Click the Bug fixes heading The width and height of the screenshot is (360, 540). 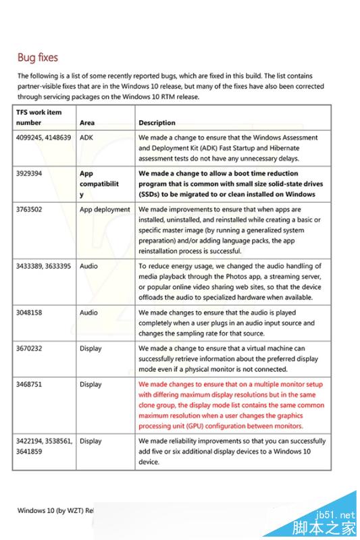[x=38, y=57]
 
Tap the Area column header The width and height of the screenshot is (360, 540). [x=87, y=123]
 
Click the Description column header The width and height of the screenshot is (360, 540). [x=157, y=123]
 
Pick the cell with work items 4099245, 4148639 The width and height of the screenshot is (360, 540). [x=43, y=137]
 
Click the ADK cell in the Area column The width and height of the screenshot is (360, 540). [x=86, y=137]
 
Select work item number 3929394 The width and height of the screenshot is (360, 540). [x=30, y=173]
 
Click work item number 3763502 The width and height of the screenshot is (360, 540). [x=30, y=209]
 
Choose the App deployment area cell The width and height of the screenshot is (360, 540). [x=105, y=209]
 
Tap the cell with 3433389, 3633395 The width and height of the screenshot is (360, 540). [x=44, y=266]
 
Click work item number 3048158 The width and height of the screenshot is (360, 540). [x=30, y=313]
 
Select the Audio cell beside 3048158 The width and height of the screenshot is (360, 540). [x=88, y=313]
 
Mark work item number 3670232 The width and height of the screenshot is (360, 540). [x=30, y=348]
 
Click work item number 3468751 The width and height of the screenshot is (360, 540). [x=30, y=384]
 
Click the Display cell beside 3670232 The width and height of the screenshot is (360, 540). [x=91, y=348]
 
